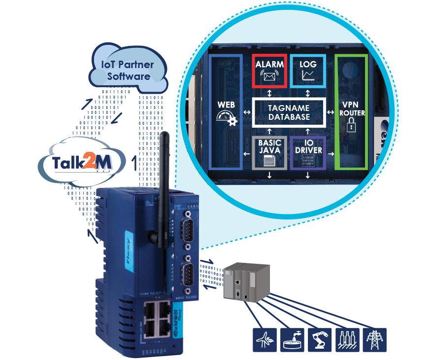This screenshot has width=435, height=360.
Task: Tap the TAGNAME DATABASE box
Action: [x=289, y=112]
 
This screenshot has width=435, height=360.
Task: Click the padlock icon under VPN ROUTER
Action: [x=351, y=127]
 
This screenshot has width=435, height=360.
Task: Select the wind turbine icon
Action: [x=263, y=340]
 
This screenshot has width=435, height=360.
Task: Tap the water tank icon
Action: [x=291, y=340]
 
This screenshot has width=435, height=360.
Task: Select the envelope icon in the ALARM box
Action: [x=269, y=76]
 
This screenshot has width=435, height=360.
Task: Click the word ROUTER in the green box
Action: [x=352, y=113]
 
